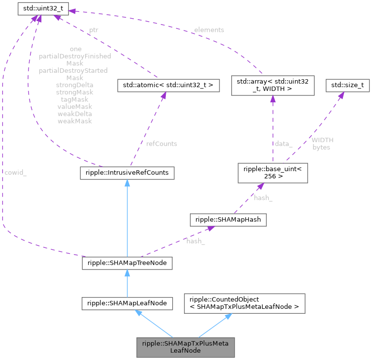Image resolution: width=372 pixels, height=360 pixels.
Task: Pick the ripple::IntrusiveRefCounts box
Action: [x=127, y=173]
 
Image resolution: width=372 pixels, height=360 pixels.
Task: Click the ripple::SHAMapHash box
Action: [x=228, y=219]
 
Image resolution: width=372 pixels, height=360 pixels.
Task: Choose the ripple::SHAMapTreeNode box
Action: [x=127, y=263]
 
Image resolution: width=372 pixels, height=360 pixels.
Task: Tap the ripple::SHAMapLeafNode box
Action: [x=127, y=303]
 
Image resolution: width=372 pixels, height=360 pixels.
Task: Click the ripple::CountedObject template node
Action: [x=245, y=303]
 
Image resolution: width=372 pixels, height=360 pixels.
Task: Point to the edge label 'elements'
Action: [x=210, y=30]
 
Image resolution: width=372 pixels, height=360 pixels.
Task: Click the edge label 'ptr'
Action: [x=93, y=30]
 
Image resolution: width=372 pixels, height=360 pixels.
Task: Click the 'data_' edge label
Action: [x=284, y=144]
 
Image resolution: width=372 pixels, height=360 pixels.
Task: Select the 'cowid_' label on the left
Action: [x=16, y=173]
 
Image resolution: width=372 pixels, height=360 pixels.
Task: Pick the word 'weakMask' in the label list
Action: [x=75, y=120]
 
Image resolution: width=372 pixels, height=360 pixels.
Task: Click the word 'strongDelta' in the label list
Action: [x=75, y=85]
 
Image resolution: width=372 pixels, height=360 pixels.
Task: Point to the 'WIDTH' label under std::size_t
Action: [x=322, y=140]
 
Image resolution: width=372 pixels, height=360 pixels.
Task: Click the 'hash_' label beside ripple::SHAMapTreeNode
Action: [x=195, y=241]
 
